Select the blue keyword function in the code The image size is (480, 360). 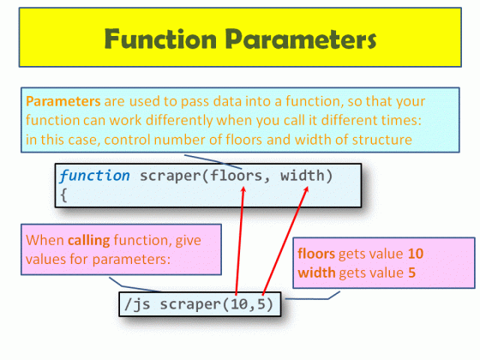click(x=95, y=176)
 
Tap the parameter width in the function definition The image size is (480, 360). click(x=305, y=176)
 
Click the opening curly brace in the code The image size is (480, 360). click(x=63, y=195)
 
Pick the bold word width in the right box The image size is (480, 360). click(x=315, y=272)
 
